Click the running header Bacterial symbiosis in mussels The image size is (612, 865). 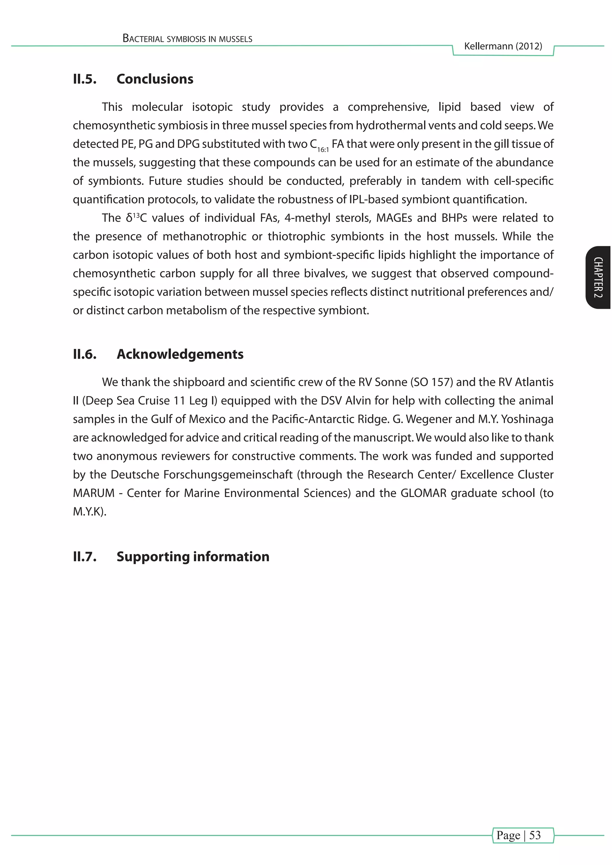pos(187,39)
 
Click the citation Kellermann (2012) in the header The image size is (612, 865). pos(503,46)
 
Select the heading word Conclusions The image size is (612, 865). pos(155,79)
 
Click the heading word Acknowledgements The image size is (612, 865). pos(180,354)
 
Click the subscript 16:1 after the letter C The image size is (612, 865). pos(323,150)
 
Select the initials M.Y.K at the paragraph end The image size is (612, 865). pos(88,511)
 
